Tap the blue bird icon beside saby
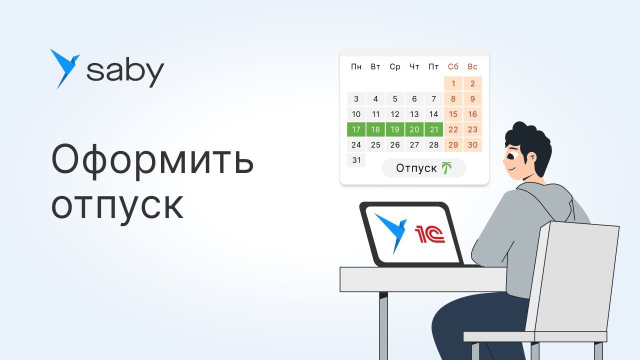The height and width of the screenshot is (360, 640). click(x=63, y=68)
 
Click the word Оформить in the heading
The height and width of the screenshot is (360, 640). click(x=152, y=160)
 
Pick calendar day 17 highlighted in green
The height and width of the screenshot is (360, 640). click(x=356, y=129)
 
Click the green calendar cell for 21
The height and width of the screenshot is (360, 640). click(x=433, y=129)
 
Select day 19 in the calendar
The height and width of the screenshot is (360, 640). click(x=395, y=129)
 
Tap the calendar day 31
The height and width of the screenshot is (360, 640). click(x=356, y=160)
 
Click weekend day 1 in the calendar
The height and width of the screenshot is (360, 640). click(x=453, y=83)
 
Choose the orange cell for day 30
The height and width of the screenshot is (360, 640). click(x=472, y=144)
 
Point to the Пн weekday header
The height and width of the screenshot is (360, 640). click(x=356, y=66)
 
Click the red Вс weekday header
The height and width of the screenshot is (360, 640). click(x=472, y=66)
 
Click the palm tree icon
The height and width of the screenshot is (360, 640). click(x=446, y=168)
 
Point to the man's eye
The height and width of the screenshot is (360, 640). click(x=509, y=155)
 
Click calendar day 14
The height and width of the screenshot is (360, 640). click(x=433, y=114)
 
